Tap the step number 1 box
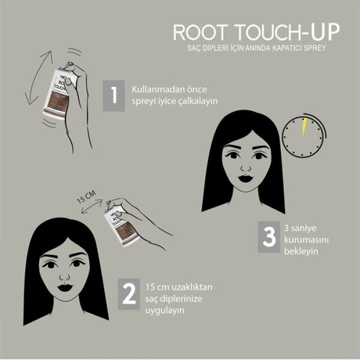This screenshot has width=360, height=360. pos(114,95)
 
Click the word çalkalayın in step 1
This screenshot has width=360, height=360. pos(197,101)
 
